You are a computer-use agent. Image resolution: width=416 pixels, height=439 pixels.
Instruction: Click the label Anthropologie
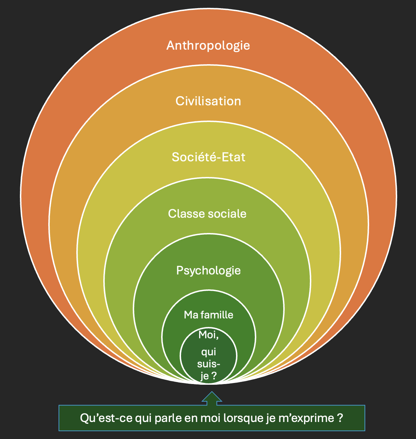tap(208, 46)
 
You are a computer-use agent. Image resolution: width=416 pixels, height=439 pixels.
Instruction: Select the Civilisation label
tap(208, 101)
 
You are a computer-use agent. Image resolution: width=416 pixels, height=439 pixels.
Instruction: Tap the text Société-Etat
tap(208, 157)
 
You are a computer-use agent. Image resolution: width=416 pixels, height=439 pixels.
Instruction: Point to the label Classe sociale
tap(207, 214)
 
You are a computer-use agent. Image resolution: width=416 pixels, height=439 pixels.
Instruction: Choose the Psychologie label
tap(208, 271)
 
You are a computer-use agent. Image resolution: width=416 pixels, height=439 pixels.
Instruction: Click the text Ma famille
tap(208, 315)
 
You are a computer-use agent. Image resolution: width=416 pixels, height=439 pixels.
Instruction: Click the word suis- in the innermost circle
tap(209, 364)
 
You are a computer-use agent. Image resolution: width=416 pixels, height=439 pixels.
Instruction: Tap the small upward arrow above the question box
tap(212, 398)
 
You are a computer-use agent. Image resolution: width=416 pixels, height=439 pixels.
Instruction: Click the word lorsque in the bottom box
tap(243, 418)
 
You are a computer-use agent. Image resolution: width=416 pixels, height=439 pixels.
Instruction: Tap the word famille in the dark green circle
tap(218, 315)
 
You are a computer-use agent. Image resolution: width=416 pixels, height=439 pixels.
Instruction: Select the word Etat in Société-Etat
tap(234, 157)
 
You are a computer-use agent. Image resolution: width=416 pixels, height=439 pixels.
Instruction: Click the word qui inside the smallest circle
tap(208, 352)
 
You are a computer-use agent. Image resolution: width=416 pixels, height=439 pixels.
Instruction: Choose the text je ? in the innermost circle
tap(208, 376)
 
